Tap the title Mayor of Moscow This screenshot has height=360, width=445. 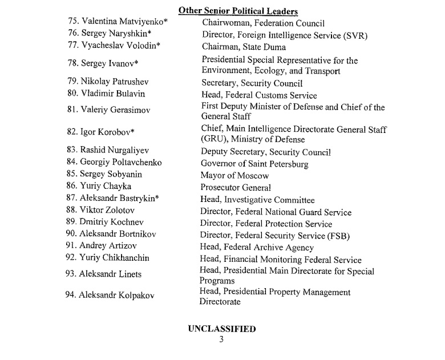[234, 176]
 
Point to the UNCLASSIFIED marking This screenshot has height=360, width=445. [222, 329]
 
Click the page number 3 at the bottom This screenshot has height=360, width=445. [222, 339]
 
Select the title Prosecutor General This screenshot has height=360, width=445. [235, 188]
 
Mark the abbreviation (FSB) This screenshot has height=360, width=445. [337, 236]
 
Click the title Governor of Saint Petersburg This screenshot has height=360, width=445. [254, 164]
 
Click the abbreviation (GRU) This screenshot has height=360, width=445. [213, 140]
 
